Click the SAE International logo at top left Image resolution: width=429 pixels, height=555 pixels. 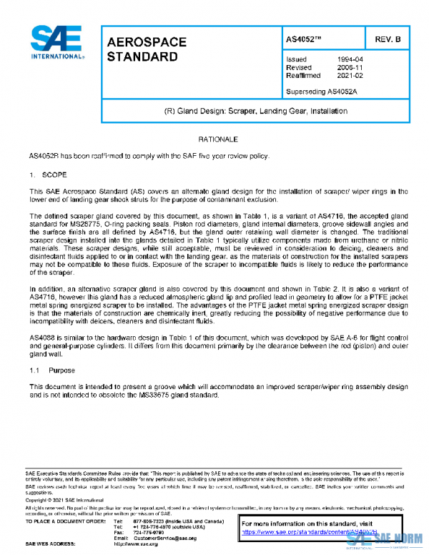pyautogui.click(x=56, y=44)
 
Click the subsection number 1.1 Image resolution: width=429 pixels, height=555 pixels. pyautogui.click(x=34, y=370)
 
